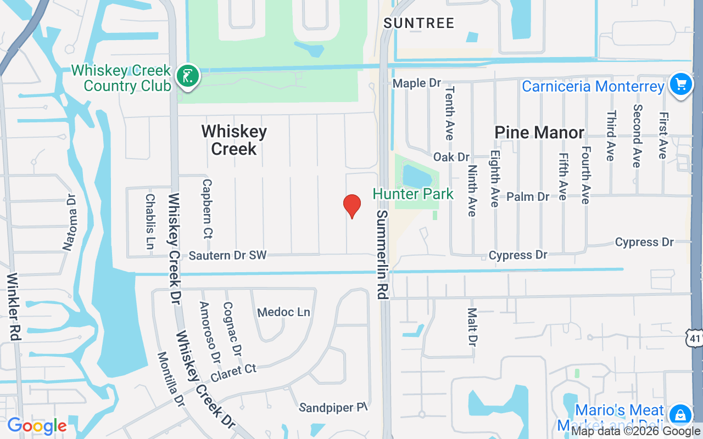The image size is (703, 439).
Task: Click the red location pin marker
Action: [351, 206]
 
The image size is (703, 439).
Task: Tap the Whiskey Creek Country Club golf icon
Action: [188, 76]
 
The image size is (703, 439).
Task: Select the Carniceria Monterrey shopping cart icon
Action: [681, 85]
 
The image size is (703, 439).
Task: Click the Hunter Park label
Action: [413, 194]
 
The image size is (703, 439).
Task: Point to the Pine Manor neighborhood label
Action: [539, 133]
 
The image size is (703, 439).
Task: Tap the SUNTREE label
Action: [419, 23]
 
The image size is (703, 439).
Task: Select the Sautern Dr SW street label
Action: [227, 255]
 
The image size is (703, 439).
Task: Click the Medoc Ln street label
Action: [284, 312]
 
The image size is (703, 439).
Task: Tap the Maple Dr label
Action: [417, 83]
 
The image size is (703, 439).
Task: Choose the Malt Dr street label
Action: [472, 327]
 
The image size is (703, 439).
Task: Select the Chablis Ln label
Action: [149, 221]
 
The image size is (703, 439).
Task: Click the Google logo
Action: [37, 426]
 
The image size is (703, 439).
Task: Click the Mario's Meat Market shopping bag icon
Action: [680, 414]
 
